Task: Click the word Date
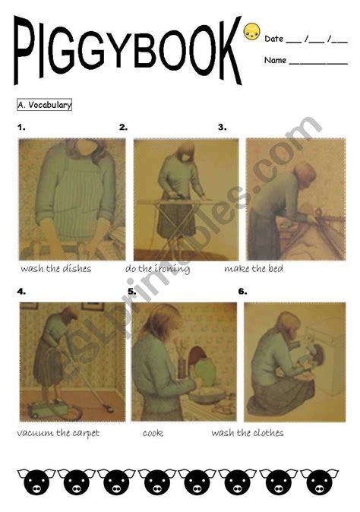(x=273, y=39)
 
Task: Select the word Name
(x=276, y=60)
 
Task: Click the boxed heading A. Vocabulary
(x=44, y=105)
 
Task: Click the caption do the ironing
(x=157, y=268)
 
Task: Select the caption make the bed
(x=254, y=268)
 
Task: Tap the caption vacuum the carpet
(x=58, y=433)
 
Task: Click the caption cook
(x=153, y=433)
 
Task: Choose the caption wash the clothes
(x=248, y=433)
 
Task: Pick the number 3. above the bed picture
(x=222, y=128)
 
